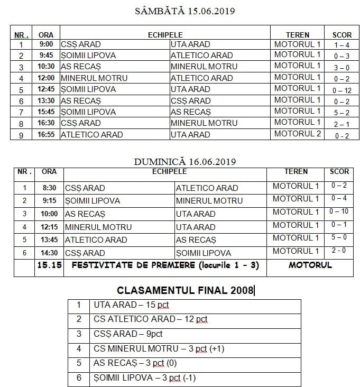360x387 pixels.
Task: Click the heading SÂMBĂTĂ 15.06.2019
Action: [x=185, y=11]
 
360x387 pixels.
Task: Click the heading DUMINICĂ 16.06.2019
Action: [x=185, y=161]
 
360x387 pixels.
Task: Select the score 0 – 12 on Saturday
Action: [x=341, y=90]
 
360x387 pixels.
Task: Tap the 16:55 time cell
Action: [x=46, y=134]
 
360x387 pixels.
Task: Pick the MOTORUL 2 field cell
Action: [x=298, y=134]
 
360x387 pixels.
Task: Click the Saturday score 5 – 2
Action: [x=341, y=112]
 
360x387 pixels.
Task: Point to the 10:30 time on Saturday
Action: [x=46, y=67]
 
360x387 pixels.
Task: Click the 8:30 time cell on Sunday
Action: [x=49, y=188]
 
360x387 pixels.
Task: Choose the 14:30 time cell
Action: [x=49, y=253]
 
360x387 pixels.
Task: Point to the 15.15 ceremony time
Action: [x=49, y=265]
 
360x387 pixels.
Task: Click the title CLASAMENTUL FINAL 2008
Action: [x=185, y=290]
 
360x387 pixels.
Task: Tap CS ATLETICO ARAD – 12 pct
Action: [x=151, y=319]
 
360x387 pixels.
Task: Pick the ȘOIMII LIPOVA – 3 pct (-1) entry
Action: [x=144, y=378]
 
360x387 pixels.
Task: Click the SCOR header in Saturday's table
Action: [x=341, y=35]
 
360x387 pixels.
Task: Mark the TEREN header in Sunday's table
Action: [x=296, y=172]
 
